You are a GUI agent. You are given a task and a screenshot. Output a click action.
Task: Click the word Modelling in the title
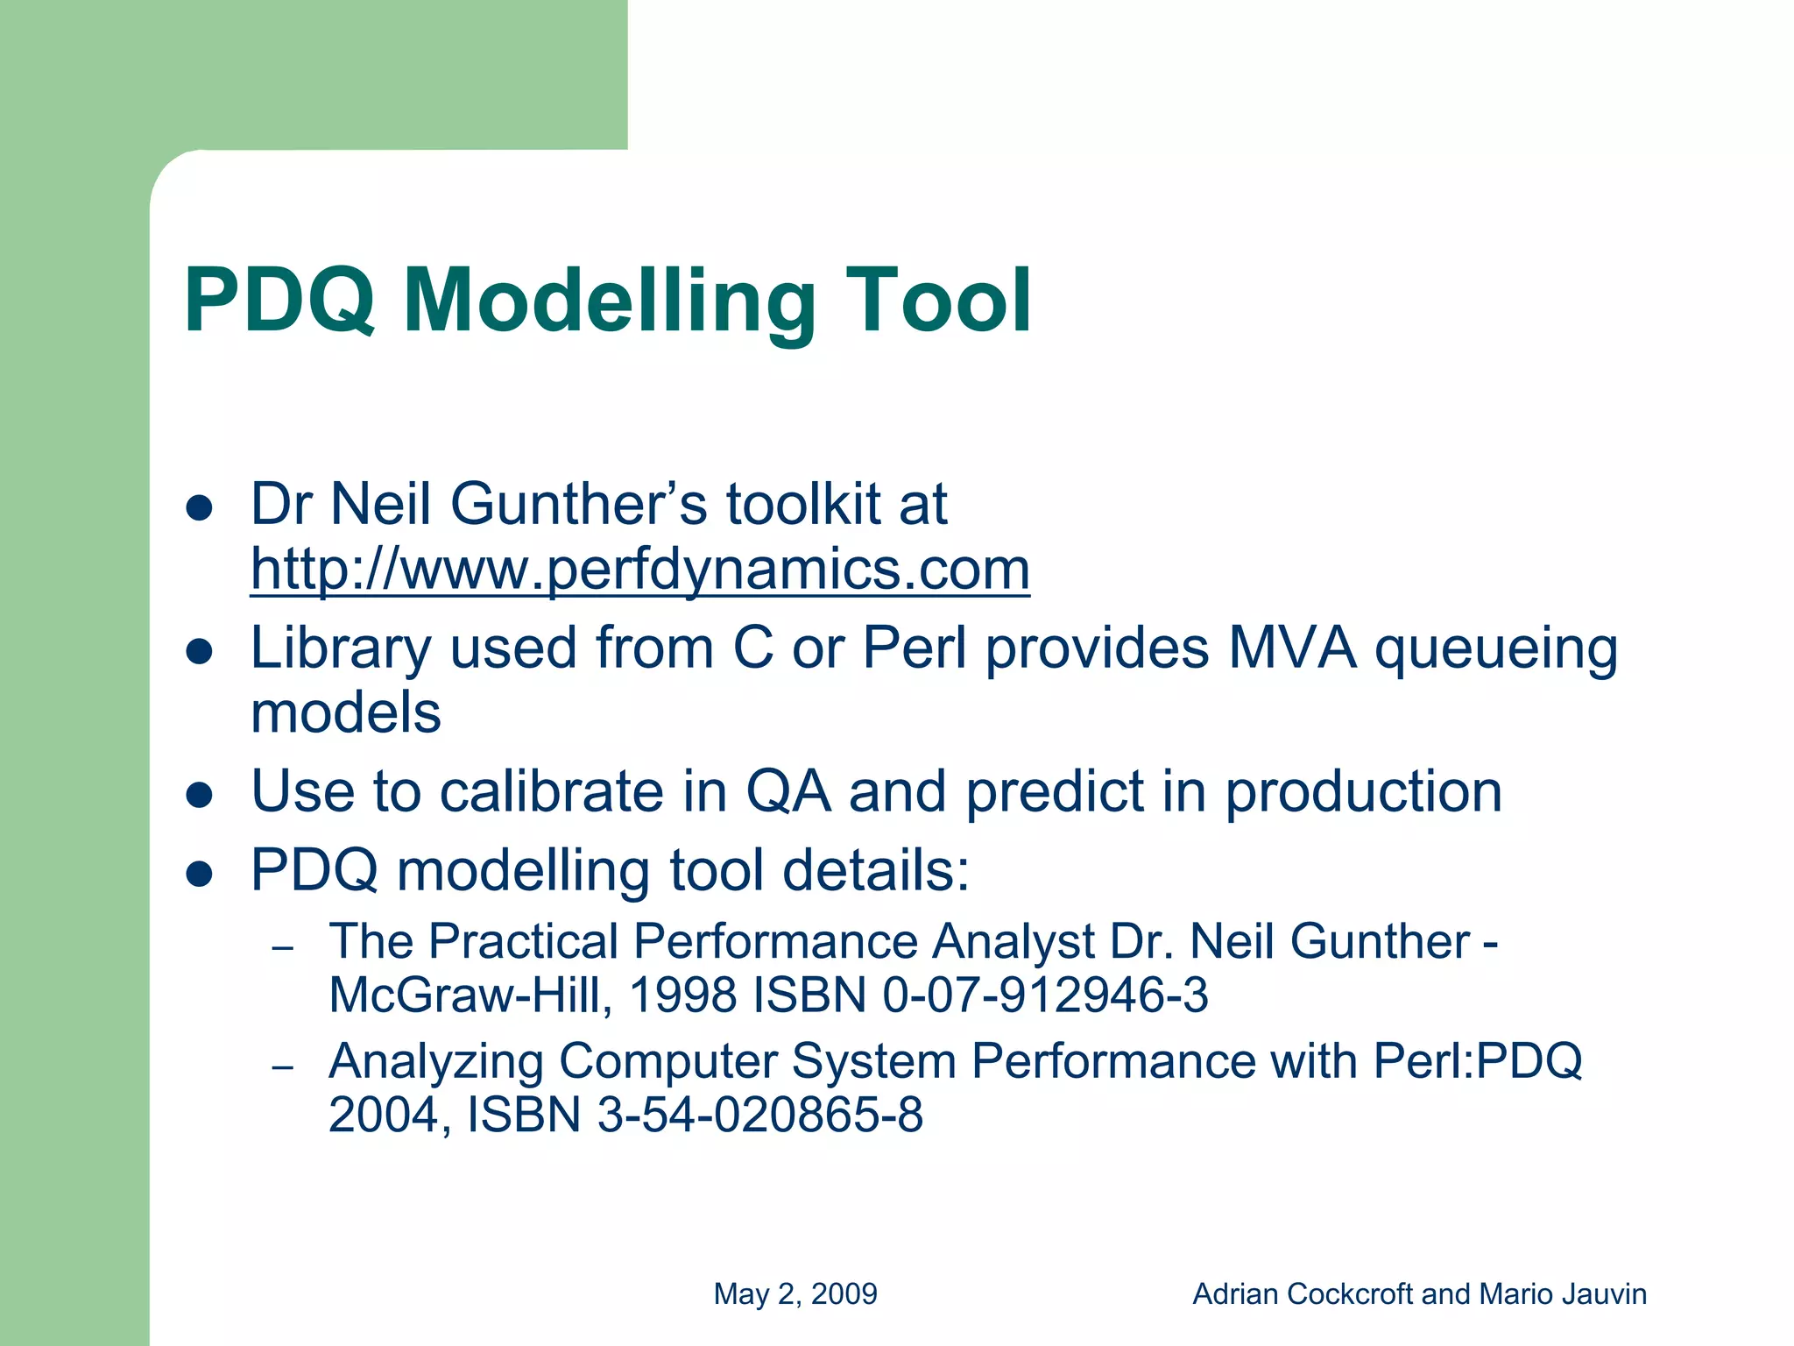click(x=609, y=302)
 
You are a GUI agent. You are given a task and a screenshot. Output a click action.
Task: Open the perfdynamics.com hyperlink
click(x=639, y=570)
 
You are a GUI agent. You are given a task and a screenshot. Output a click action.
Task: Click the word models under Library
click(x=345, y=712)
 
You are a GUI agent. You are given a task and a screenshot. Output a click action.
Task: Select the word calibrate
click(x=552, y=791)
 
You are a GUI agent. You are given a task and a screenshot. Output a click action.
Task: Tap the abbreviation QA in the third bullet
click(x=787, y=793)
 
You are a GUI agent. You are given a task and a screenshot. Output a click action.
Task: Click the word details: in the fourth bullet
click(x=876, y=870)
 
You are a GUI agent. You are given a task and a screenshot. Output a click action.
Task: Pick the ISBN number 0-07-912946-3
click(x=1045, y=995)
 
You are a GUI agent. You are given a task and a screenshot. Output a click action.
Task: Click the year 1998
click(x=682, y=995)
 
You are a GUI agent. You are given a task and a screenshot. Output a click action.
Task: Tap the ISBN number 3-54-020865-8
click(x=759, y=1116)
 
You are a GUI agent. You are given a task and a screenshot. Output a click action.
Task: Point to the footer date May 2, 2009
click(x=795, y=1293)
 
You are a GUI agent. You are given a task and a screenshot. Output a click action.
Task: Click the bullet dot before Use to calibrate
click(x=201, y=794)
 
